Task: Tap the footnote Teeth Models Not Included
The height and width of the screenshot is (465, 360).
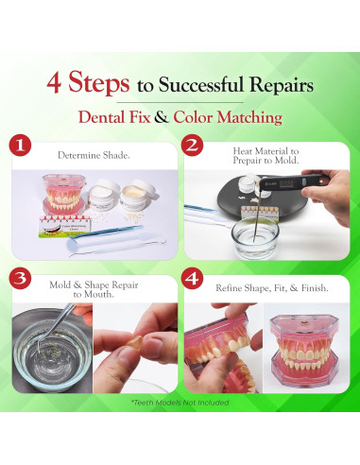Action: [x=180, y=402]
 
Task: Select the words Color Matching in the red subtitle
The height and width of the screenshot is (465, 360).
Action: [x=226, y=118]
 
